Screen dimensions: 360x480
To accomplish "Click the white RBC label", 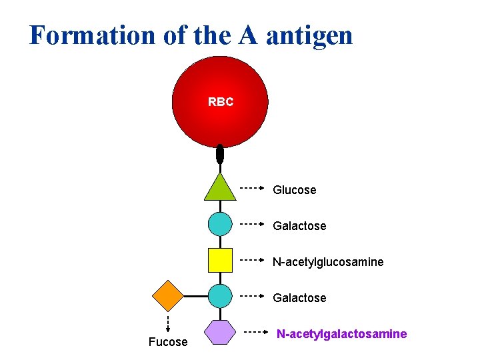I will click(221, 102).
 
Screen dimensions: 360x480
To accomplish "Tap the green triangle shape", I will click(220, 189).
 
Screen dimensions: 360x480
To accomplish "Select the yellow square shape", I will click(220, 260).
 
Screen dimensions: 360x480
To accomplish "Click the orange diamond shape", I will click(167, 295).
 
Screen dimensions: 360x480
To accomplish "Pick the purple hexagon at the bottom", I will click(221, 332).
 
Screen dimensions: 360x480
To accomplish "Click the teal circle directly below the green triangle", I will click(220, 224).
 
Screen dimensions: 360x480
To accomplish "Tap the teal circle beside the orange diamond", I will click(220, 295).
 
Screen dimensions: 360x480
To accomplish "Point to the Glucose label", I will click(294, 190).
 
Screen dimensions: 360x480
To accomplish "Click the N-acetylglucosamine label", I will click(327, 262).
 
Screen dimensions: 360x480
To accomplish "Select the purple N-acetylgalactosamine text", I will click(341, 334).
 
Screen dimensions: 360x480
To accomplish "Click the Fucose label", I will click(167, 342).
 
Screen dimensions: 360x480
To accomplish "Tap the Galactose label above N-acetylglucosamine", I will click(299, 226).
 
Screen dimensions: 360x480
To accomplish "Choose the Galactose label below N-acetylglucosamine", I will click(299, 298).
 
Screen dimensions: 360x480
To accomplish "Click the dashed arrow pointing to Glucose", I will click(253, 188).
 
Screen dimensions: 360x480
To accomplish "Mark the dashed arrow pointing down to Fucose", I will click(167, 323).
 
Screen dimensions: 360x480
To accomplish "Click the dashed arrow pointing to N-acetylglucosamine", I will click(253, 259).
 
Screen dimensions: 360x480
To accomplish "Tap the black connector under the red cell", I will click(220, 154).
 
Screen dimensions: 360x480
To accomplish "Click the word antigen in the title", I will click(309, 35).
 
